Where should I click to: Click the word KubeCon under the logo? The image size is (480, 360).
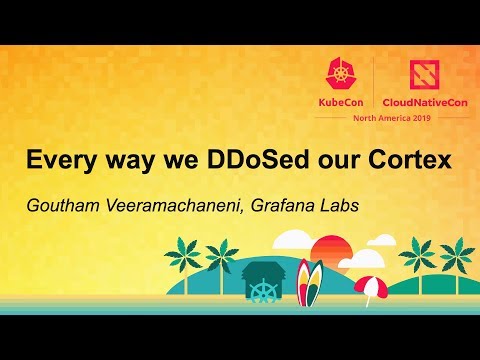(x=343, y=101)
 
